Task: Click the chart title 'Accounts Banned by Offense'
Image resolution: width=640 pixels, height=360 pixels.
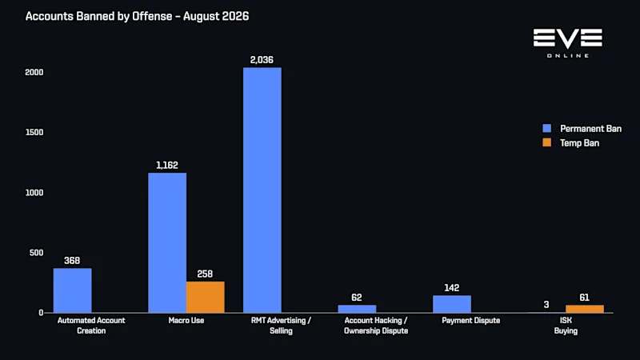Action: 98,16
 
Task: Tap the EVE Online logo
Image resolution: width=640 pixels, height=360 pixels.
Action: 568,43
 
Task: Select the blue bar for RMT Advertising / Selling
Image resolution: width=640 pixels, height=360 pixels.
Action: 262,190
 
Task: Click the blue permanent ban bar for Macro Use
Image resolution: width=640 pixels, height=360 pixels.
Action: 167,243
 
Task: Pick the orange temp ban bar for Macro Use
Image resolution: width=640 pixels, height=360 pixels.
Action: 206,297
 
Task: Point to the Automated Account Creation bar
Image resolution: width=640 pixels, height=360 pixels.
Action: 73,290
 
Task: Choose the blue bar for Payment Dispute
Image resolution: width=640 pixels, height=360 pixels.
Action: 452,304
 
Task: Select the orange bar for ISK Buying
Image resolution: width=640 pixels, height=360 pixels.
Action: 585,309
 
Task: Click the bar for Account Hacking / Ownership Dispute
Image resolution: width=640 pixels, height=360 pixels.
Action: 357,309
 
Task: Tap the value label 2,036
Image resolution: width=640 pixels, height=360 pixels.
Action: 262,60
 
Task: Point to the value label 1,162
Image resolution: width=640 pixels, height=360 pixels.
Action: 167,166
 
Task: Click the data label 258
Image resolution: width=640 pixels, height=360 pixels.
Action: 205,274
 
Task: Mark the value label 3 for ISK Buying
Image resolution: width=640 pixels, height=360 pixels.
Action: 546,305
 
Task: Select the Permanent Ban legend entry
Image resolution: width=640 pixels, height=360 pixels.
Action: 582,129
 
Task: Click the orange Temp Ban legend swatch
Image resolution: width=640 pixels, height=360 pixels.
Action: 547,142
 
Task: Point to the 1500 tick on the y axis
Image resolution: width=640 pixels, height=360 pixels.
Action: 34,132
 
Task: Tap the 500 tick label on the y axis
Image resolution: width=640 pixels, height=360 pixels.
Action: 36,253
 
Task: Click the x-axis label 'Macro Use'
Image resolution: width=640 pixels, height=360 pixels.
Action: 186,321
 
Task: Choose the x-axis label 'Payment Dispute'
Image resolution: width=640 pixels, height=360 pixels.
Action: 470,321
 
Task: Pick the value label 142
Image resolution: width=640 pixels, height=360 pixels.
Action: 452,288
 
